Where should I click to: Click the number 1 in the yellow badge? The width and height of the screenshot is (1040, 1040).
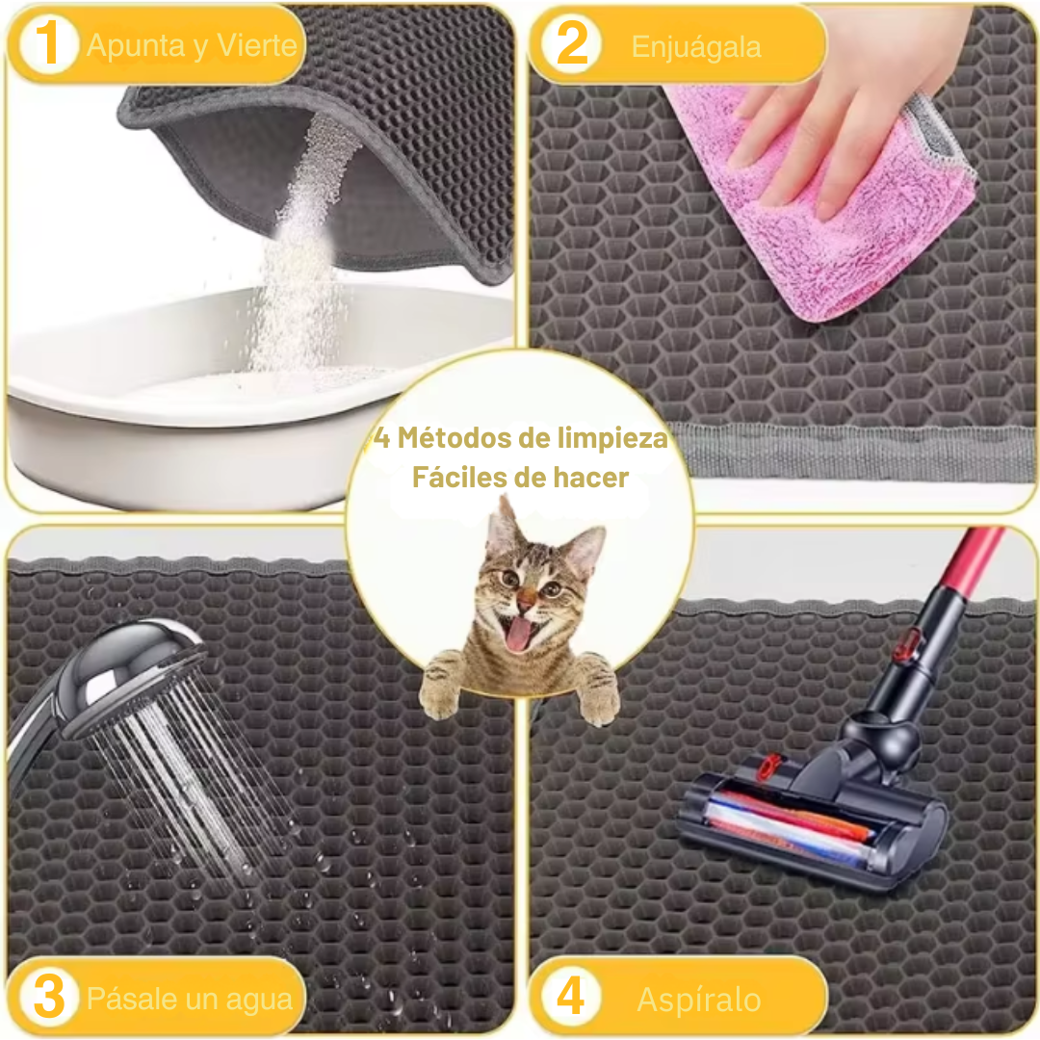[x=47, y=43]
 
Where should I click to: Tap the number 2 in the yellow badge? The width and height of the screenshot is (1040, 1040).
[x=571, y=43]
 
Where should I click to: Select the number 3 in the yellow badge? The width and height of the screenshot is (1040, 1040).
[x=49, y=996]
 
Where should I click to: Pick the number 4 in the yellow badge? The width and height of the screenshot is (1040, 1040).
[x=570, y=996]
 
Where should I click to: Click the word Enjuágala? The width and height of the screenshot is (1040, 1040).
[x=696, y=47]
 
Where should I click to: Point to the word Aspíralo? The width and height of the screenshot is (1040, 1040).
[x=698, y=1000]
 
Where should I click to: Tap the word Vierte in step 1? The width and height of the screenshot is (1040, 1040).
[x=257, y=45]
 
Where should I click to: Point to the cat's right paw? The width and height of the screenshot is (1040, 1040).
[x=598, y=689]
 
